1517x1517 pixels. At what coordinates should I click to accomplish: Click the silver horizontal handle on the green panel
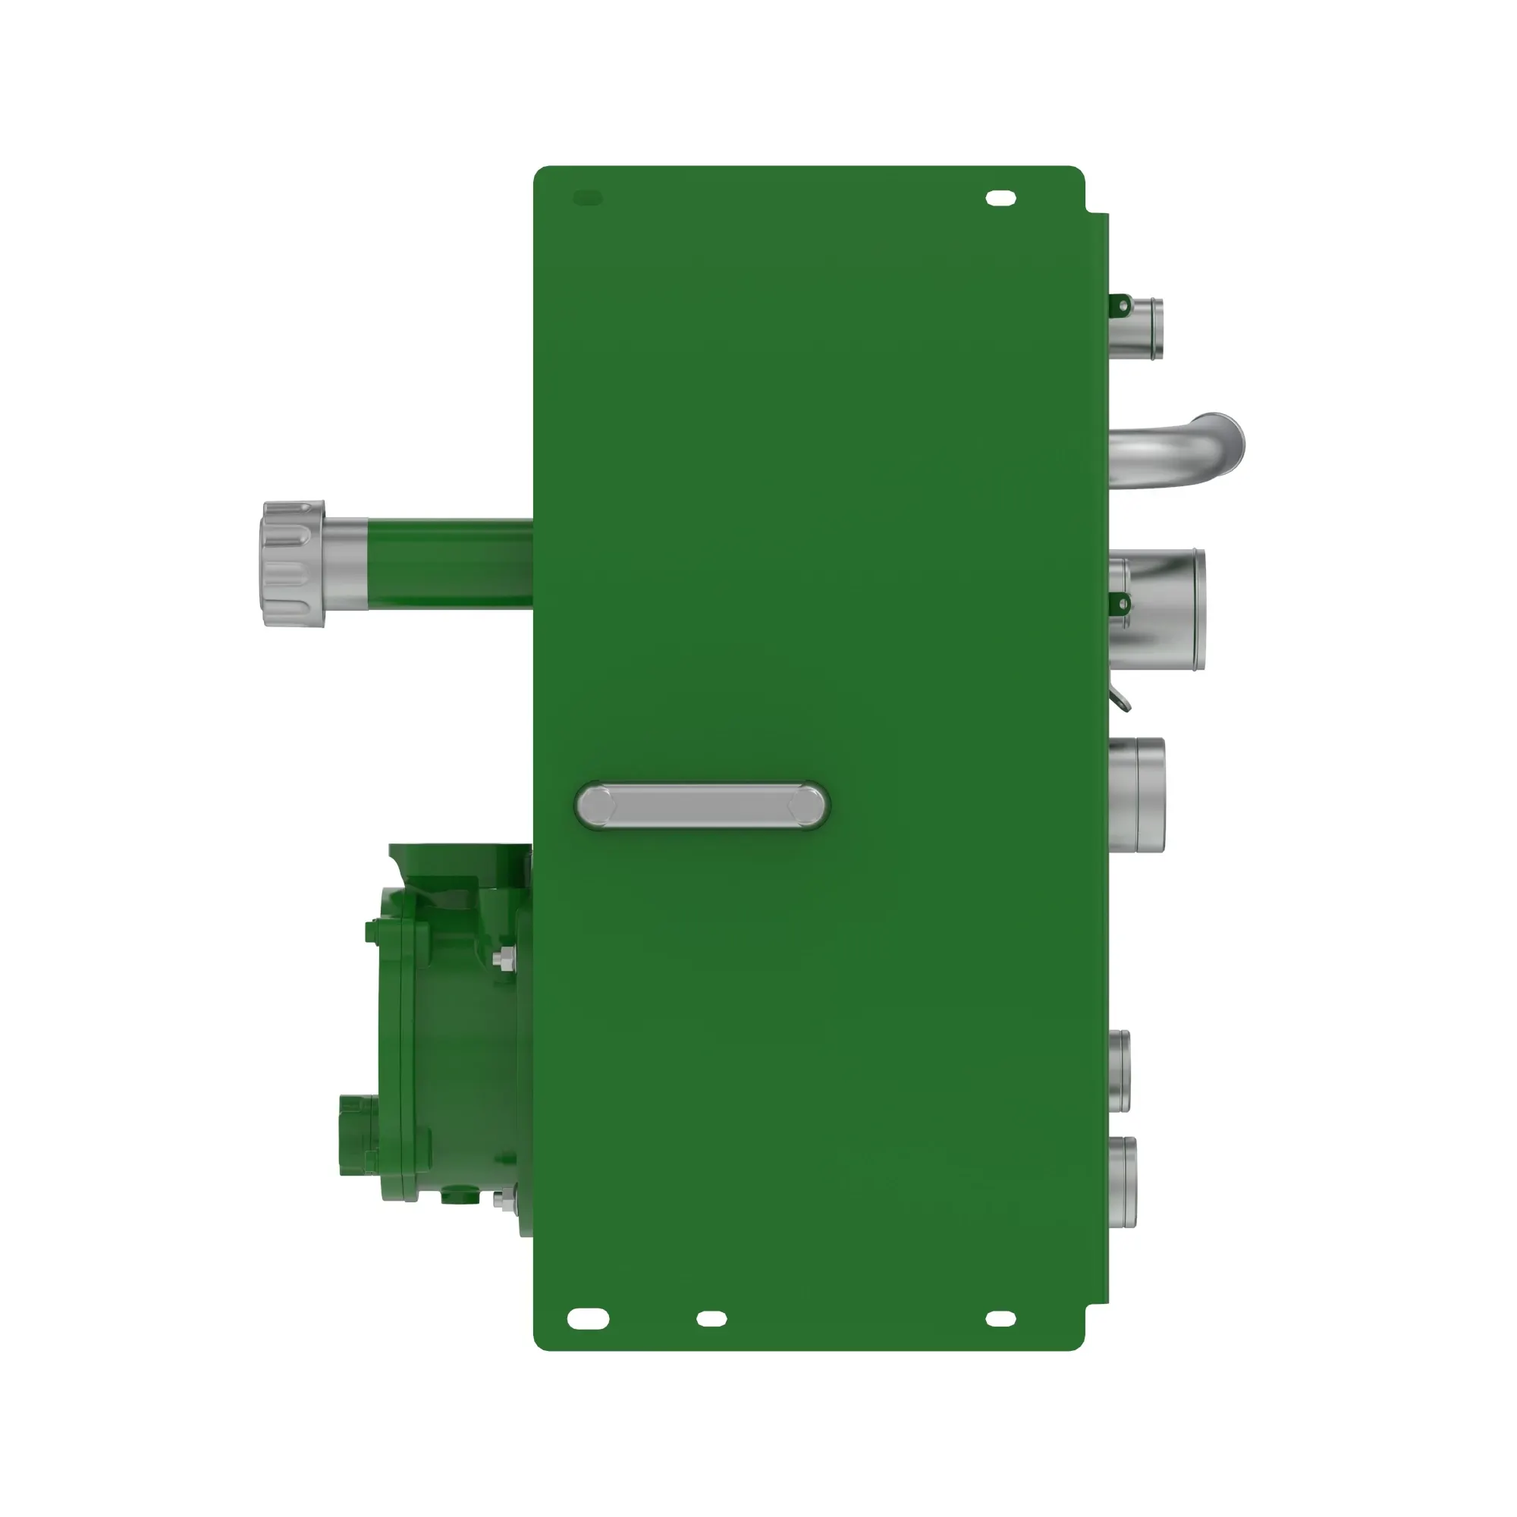coord(701,806)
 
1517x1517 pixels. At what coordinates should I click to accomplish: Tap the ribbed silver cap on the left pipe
coord(292,563)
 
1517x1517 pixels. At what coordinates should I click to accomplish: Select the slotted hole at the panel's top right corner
coord(1000,198)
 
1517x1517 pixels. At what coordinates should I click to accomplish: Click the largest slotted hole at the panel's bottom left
coord(587,1318)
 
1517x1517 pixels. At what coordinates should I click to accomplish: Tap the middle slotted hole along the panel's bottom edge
coord(711,1318)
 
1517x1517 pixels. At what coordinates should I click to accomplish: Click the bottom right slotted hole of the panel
coord(1000,1318)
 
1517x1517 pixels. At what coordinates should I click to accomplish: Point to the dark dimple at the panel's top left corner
coord(587,198)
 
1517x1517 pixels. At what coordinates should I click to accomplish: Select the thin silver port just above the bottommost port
coord(1120,1071)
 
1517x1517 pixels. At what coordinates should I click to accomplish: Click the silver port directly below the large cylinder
coord(1138,795)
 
